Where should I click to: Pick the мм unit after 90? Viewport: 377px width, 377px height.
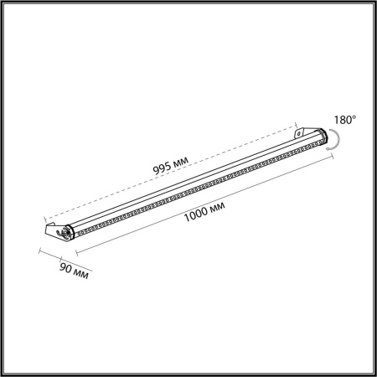pos(80,273)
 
